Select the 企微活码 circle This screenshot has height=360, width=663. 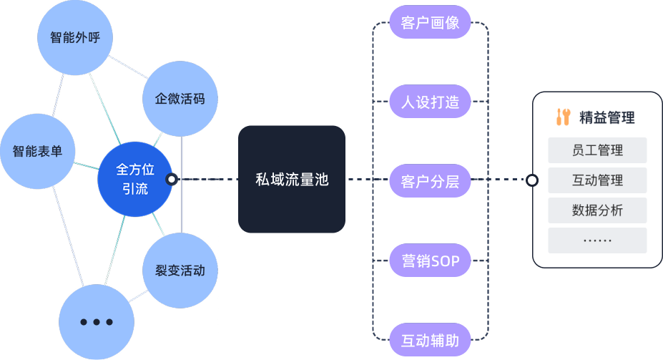180,99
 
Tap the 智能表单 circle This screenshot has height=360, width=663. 37,151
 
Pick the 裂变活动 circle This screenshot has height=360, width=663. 180,271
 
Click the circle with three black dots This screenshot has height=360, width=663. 97,321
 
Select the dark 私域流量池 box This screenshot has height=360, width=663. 292,180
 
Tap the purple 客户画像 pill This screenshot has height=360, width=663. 430,23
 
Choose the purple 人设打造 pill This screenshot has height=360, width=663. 430,102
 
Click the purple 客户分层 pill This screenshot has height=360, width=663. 430,180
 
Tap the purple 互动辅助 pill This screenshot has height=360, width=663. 430,340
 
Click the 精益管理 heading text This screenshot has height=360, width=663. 606,117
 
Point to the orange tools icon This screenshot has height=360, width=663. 564,117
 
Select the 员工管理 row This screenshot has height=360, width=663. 597,150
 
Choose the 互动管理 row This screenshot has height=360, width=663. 597,180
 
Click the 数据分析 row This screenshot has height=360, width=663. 597,210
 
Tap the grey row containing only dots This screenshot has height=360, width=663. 597,240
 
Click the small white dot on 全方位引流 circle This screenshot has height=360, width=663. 172,180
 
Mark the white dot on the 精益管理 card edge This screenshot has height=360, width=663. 532,180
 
